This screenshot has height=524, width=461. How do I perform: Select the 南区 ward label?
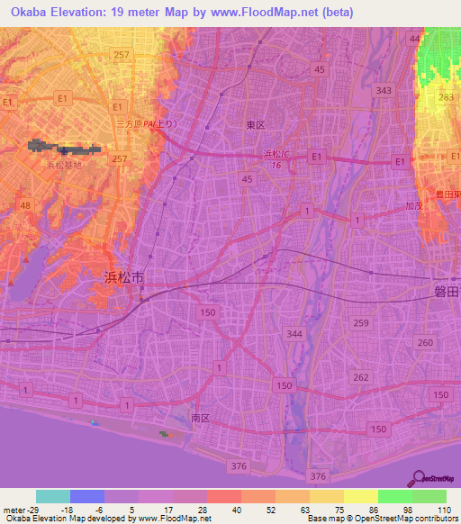pyautogui.click(x=200, y=418)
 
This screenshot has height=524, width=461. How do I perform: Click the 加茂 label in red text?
pyautogui.click(x=413, y=206)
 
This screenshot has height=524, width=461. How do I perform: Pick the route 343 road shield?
pyautogui.click(x=384, y=91)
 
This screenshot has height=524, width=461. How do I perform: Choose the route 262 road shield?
pyautogui.click(x=359, y=376)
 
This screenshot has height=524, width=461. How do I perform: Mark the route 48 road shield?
pyautogui.click(x=26, y=206)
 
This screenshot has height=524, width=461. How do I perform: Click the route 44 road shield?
pyautogui.click(x=413, y=40)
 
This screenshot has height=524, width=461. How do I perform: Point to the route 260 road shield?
pyautogui.click(x=425, y=342)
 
